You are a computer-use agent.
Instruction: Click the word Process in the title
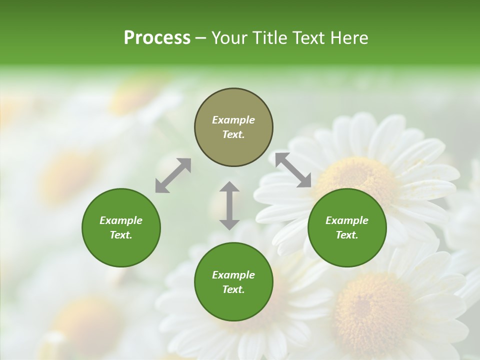coord(157,38)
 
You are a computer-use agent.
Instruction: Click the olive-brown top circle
coord(233,127)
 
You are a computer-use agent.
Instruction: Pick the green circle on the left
coord(121,227)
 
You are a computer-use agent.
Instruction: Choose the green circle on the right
coord(347,227)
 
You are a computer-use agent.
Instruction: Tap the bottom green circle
coord(233,282)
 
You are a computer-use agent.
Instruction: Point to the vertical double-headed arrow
coord(229,205)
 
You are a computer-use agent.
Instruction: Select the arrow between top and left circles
coord(173,175)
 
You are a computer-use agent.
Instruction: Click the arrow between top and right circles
coord(293,170)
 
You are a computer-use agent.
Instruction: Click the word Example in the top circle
coord(233,120)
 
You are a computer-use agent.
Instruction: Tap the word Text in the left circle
coord(121,235)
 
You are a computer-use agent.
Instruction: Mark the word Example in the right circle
coord(347,220)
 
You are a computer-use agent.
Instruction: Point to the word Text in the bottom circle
coord(233,289)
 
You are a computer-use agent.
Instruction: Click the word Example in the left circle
coord(121,220)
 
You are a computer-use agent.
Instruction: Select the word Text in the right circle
coord(347,235)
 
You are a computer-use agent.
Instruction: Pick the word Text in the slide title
coord(305,38)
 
